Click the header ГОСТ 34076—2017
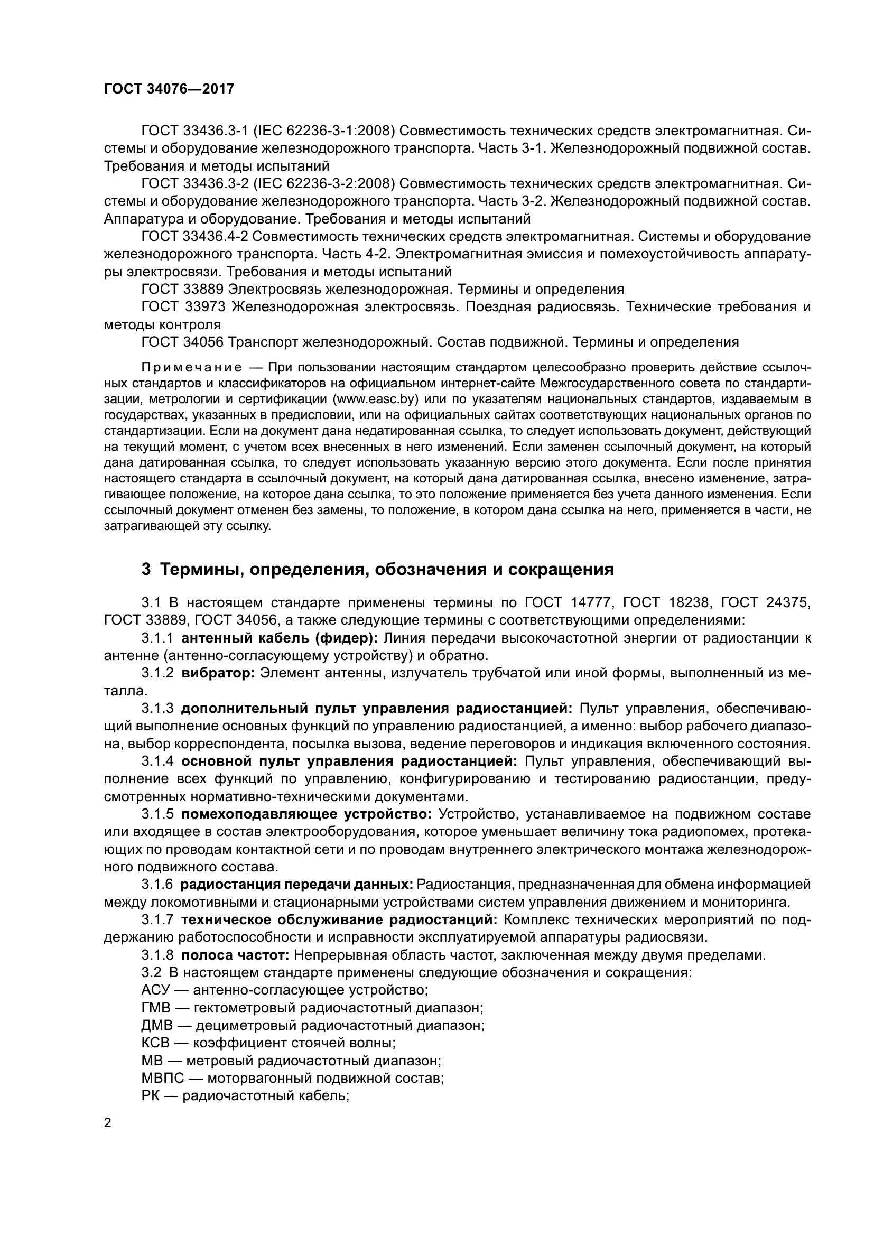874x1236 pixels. [169, 89]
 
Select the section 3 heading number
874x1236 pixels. [146, 570]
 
